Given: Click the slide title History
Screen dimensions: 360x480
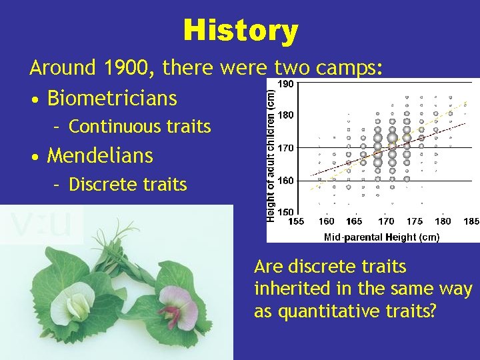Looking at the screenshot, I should pos(240,31).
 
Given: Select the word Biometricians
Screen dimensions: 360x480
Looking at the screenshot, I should pos(112,99).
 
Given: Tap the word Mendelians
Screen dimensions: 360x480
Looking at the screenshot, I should pos(100,156).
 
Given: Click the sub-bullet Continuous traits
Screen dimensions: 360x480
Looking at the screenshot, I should pos(139,127).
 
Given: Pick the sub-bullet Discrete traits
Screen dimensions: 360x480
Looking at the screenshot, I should pos(127,184).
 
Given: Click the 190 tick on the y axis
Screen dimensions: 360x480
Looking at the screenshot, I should pos(285,84).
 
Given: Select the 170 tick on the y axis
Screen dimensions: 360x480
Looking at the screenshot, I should pos(285,147).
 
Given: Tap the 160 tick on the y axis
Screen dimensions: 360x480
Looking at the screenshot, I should pos(285,180).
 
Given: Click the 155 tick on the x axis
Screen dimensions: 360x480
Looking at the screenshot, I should pos(296,221).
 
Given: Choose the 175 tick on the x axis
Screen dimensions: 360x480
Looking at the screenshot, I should pos(414,221).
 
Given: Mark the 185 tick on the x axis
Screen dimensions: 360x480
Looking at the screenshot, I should pos(471,221).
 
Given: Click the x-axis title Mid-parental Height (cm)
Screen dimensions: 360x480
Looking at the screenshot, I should pos(381,237).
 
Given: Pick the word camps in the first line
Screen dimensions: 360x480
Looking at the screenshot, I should pos(347,68).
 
